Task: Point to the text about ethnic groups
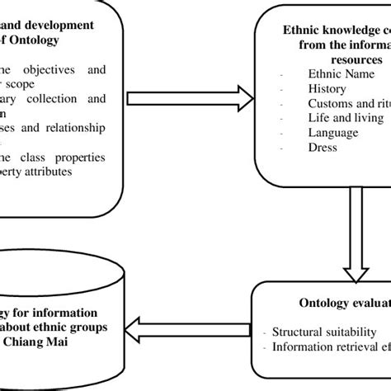tap(75, 326)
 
